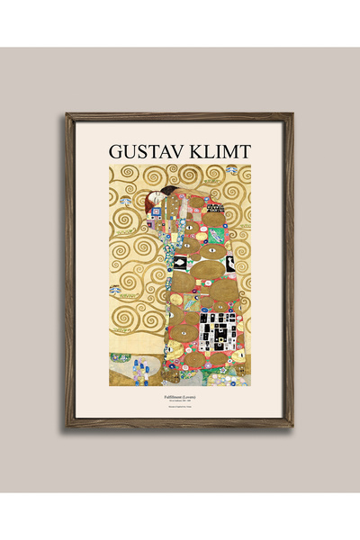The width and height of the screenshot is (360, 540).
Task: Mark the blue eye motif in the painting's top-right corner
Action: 232,169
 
